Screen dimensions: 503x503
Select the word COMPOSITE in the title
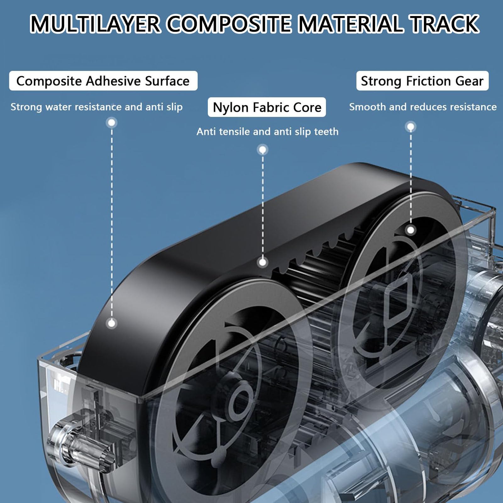point(229,24)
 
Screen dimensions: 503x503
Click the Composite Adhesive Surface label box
point(103,81)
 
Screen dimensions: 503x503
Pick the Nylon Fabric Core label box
point(267,107)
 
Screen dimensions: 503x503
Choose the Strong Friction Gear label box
point(422,81)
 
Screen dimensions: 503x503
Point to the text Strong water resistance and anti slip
point(97,107)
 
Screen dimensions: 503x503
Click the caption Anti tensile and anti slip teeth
point(268,131)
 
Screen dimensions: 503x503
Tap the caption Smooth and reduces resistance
point(423,107)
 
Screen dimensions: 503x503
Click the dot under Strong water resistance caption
point(112,122)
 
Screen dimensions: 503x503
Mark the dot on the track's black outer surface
point(112,323)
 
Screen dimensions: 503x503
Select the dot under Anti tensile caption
point(263,150)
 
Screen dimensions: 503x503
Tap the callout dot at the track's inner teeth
point(263,262)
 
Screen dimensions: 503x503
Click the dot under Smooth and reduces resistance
point(411,127)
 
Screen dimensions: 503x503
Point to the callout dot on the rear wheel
point(411,230)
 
